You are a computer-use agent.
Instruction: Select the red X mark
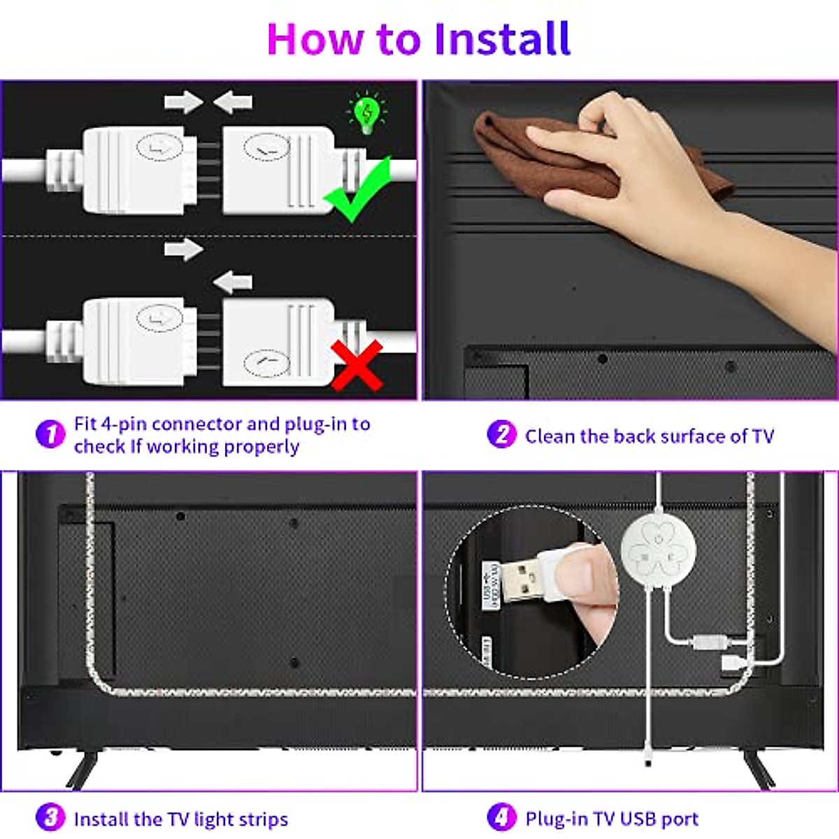[x=357, y=365]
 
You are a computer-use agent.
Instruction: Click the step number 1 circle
[x=50, y=434]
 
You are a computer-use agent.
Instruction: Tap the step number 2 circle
[x=501, y=434]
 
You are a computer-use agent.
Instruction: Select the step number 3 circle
[x=50, y=817]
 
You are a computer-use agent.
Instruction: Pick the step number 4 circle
[x=501, y=817]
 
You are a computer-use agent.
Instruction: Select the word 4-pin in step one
[x=123, y=424]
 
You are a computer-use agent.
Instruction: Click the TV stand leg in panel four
[x=758, y=769]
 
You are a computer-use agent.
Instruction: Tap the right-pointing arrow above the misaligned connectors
[x=183, y=250]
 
